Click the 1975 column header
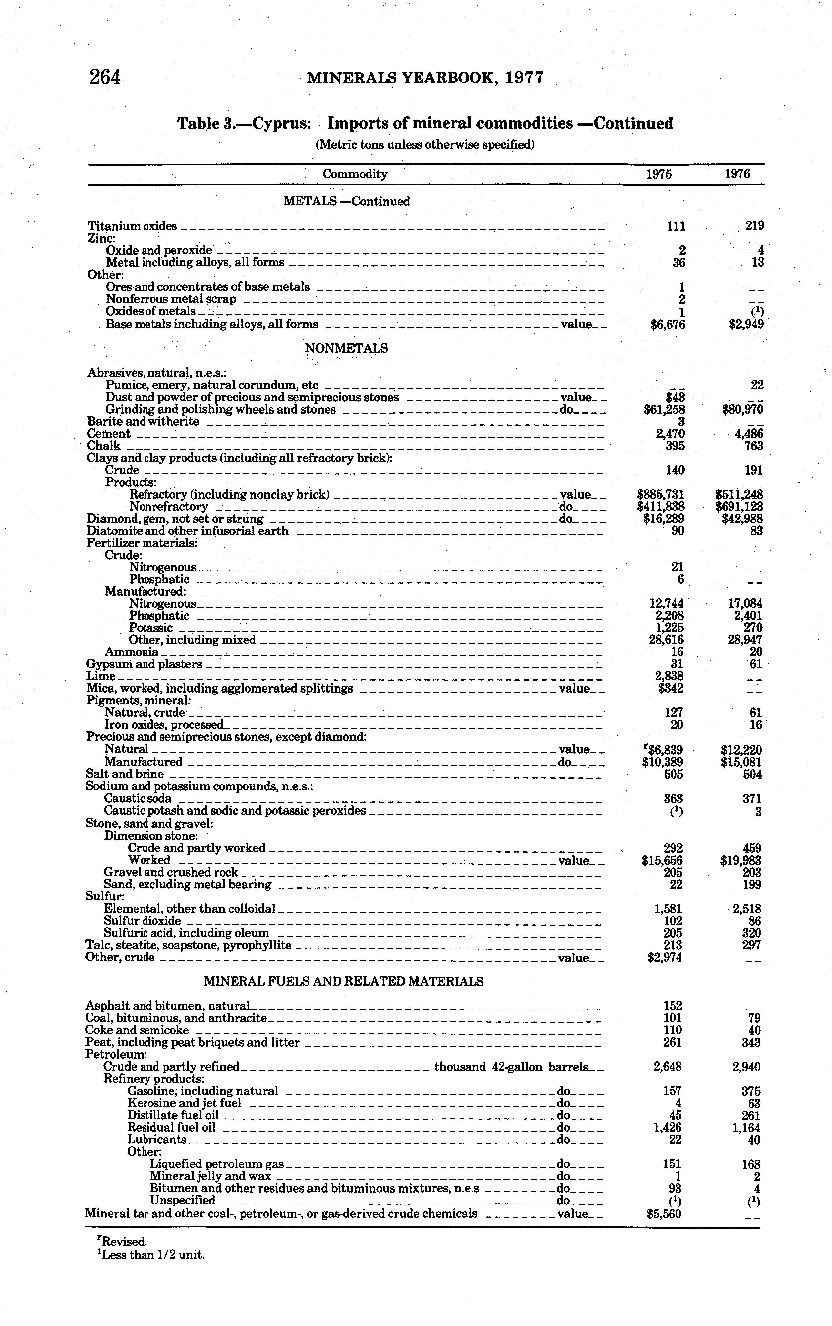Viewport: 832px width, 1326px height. click(x=659, y=174)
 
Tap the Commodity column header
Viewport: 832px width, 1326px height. click(x=355, y=174)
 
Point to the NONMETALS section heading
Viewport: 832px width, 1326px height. click(x=346, y=348)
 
